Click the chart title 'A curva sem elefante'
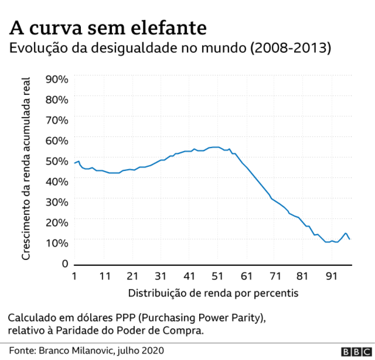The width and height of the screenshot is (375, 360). tap(108, 28)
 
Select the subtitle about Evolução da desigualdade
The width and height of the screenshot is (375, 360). tap(170, 49)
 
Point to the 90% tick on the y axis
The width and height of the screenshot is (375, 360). tap(57, 79)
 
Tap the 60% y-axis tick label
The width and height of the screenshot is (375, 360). tap(57, 140)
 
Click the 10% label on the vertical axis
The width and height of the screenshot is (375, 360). tap(57, 242)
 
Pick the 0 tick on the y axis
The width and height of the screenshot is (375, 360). tap(64, 264)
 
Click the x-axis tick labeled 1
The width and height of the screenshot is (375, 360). tap(74, 276)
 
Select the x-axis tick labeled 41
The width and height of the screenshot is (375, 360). tap(189, 276)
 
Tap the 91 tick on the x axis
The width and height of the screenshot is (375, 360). tap(331, 276)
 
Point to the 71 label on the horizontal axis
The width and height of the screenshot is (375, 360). tap(275, 276)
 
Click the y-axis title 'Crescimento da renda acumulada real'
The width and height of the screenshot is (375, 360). tap(26, 168)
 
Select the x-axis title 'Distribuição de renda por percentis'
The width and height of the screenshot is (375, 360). tap(213, 293)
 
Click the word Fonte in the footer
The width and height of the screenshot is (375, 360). tap(21, 350)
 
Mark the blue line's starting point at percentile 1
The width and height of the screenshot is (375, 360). tap(75, 163)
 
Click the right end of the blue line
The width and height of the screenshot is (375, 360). tap(349, 239)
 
